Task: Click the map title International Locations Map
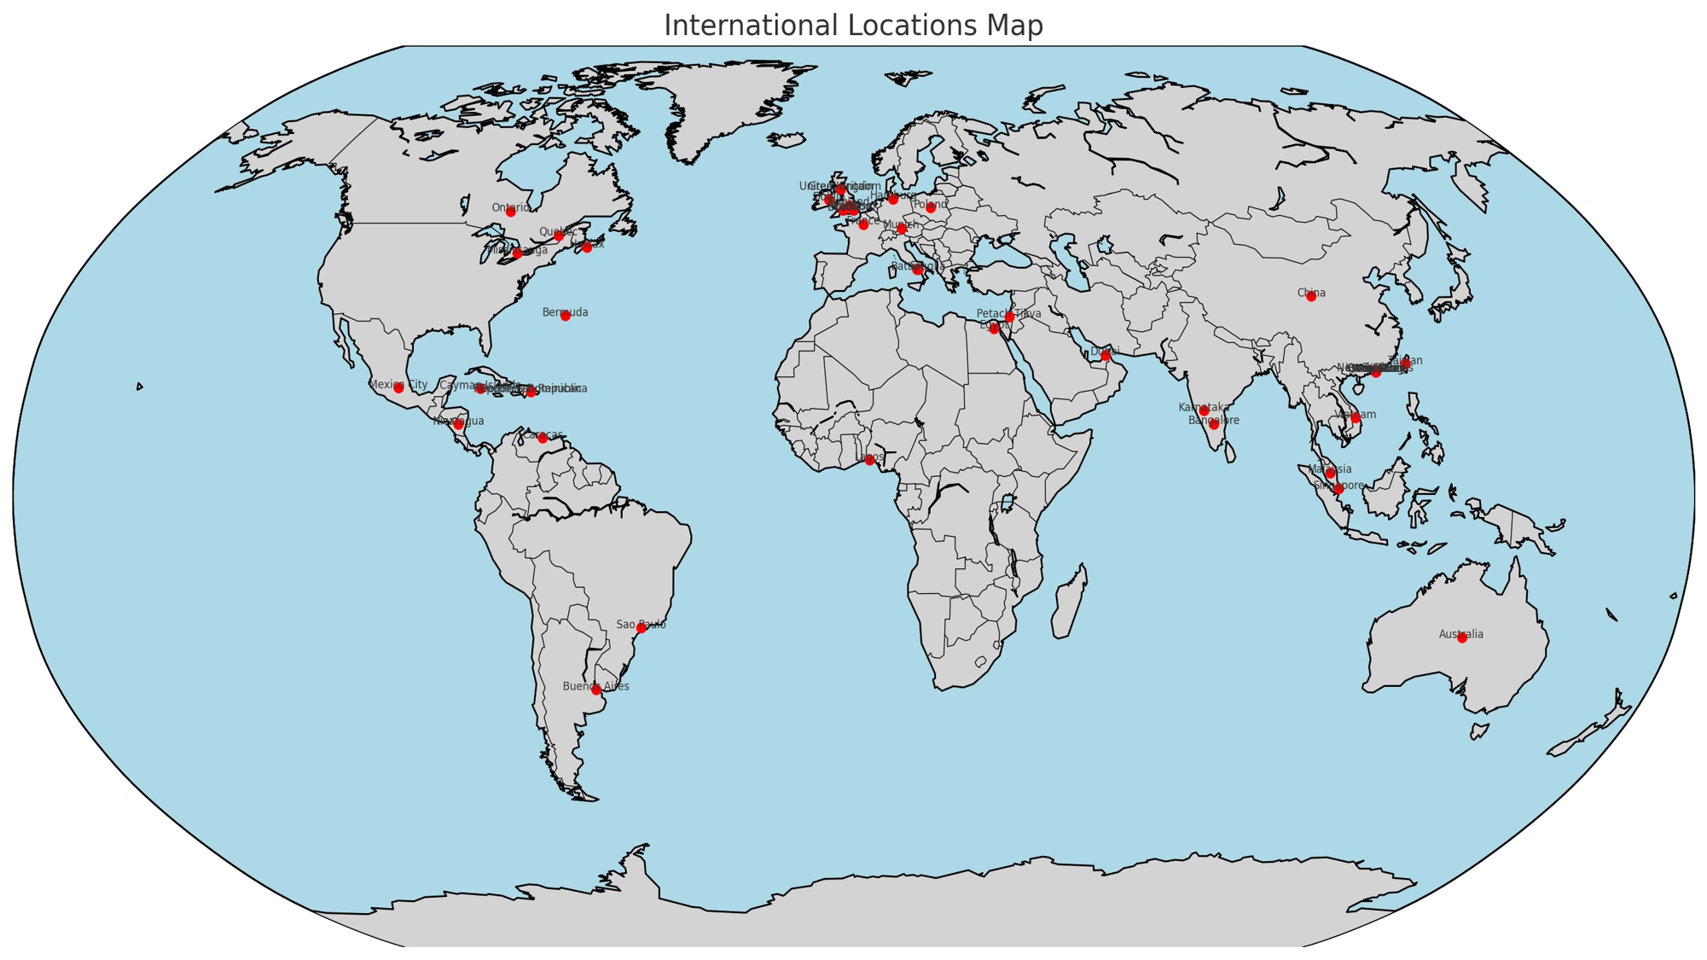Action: coord(853,26)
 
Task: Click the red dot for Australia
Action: coord(1462,637)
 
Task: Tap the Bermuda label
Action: coord(565,313)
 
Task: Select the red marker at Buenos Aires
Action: coord(595,689)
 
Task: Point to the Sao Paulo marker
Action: coord(641,628)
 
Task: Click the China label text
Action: coord(1311,294)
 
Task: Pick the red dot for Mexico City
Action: coord(398,388)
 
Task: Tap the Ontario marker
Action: coord(510,212)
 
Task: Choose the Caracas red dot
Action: coord(542,438)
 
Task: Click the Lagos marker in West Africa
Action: coord(869,460)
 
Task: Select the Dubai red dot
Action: coord(1106,355)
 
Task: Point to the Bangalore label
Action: coord(1214,421)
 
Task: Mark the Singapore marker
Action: coord(1338,489)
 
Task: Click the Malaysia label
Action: coord(1330,469)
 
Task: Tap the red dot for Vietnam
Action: coord(1356,418)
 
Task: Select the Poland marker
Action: coord(931,208)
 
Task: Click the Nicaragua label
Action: coord(458,422)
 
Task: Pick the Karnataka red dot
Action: coord(1204,411)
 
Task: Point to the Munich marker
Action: coord(902,229)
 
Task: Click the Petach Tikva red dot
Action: coord(1009,317)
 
